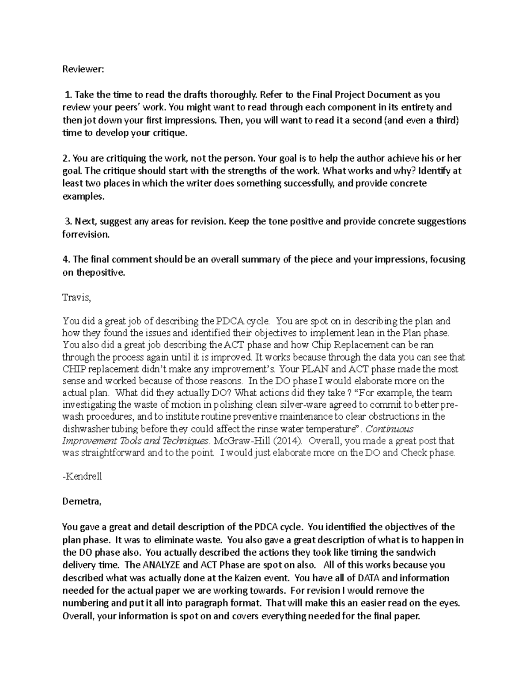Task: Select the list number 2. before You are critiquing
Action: (66, 158)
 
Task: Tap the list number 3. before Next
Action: (68, 221)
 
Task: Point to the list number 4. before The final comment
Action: (66, 260)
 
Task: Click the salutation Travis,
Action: (76, 298)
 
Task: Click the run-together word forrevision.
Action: (85, 235)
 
